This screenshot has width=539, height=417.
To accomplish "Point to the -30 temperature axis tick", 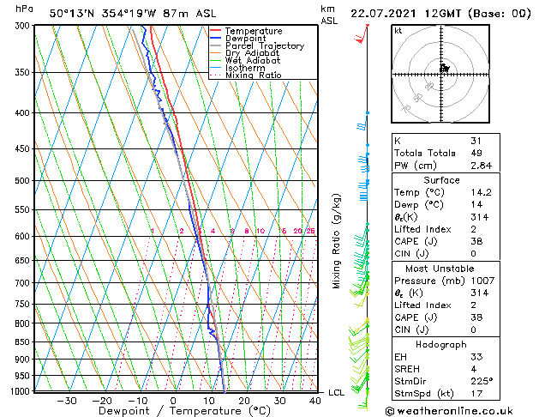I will click(x=67, y=401).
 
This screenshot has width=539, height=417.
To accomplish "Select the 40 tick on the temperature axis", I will click(x=315, y=401).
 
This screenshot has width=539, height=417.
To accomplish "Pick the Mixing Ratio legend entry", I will click(x=253, y=76).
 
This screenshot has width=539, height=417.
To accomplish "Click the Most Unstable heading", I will click(x=441, y=269).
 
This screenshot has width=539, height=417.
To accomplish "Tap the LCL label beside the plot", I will click(x=337, y=392).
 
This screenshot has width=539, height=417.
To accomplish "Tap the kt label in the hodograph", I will click(x=398, y=31).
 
